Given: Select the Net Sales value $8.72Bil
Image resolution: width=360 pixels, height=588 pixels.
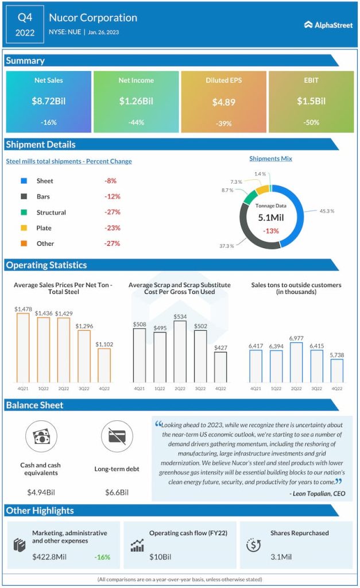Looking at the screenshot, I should [x=48, y=101].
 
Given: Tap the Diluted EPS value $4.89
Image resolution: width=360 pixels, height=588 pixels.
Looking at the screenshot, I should [x=223, y=102].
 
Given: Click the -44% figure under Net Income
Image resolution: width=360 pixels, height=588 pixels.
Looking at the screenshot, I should [x=136, y=123].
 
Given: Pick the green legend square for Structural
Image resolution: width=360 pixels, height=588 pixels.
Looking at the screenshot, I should [x=24, y=212].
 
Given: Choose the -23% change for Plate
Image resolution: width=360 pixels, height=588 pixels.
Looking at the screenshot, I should [x=112, y=228].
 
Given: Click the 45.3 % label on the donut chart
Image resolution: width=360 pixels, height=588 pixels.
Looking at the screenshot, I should [x=327, y=211].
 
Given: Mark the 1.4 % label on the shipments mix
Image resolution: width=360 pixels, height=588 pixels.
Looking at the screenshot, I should [x=260, y=173].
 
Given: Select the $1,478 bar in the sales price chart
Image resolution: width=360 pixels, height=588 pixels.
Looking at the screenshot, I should [x=23, y=347].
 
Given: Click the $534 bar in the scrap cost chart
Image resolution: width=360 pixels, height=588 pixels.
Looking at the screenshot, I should [x=180, y=351].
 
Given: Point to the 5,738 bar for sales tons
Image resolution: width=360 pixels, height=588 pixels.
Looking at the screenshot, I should [x=337, y=370].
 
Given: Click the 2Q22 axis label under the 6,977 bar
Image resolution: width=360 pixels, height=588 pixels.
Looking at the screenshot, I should [x=297, y=389].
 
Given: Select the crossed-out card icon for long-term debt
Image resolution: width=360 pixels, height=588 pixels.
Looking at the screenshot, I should [x=117, y=436].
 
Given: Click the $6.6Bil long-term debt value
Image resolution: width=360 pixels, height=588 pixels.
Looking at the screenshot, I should [x=117, y=492].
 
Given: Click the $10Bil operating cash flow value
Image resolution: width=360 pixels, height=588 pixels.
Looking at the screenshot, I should [x=160, y=557].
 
